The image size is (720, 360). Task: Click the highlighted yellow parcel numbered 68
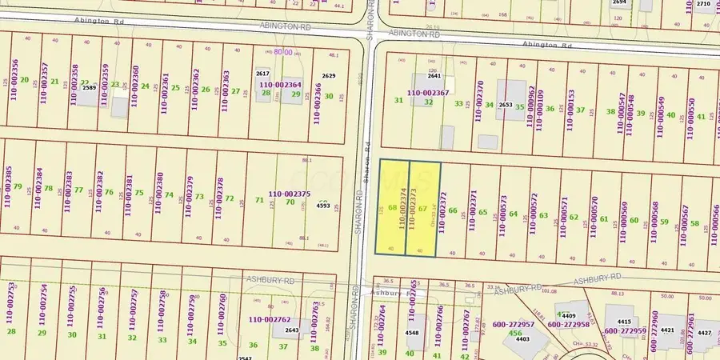click(x=392, y=209)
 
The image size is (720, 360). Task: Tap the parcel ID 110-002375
click(x=289, y=194)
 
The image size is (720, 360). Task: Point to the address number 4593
click(x=323, y=206)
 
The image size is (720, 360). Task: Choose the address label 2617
click(x=262, y=74)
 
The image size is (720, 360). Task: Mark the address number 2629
click(x=329, y=76)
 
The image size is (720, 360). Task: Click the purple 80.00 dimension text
click(x=283, y=52)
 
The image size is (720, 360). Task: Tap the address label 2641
click(x=434, y=76)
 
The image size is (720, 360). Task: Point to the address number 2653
click(x=505, y=105)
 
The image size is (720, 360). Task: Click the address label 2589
click(x=89, y=87)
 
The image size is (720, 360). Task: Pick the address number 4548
click(x=412, y=332)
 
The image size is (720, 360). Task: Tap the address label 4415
click(x=624, y=322)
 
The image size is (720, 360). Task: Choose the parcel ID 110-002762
click(x=270, y=320)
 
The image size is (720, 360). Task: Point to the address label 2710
click(x=702, y=3)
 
